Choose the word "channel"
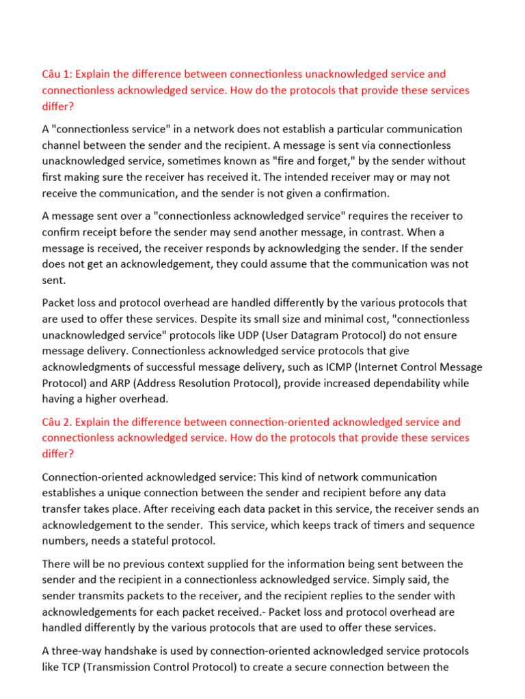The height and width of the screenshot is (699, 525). [62, 145]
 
